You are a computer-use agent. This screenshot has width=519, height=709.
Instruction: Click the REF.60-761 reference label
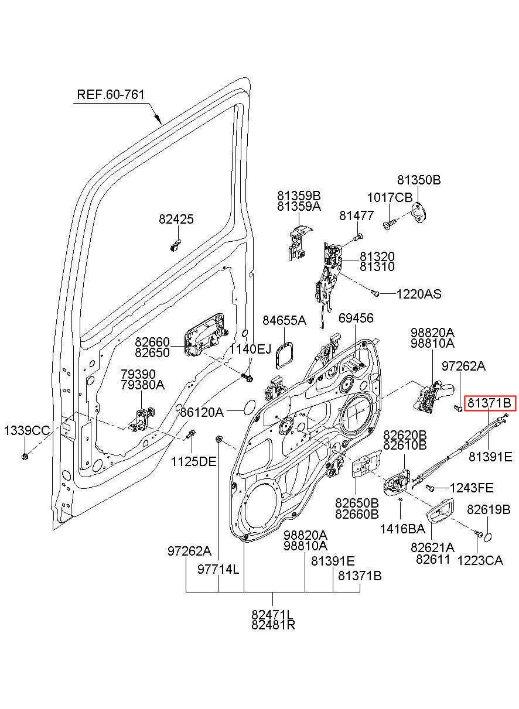click(x=111, y=94)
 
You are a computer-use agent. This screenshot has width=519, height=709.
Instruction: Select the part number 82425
click(x=176, y=219)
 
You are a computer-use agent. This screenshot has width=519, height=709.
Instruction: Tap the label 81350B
click(x=419, y=180)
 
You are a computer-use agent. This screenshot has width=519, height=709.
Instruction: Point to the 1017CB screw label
click(x=390, y=198)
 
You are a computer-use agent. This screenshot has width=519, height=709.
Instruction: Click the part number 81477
click(x=357, y=216)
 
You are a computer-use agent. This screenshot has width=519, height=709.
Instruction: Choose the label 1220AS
click(x=419, y=294)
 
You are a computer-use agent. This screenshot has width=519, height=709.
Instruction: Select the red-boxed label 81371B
click(x=490, y=403)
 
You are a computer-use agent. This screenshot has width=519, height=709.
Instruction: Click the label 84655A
click(x=284, y=321)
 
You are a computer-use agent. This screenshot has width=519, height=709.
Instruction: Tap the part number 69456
click(x=356, y=318)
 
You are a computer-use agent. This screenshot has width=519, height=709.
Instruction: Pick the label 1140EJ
click(x=250, y=350)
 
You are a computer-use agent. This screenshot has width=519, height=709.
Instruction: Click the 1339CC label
click(x=27, y=431)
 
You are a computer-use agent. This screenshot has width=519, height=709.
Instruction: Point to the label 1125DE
click(x=193, y=462)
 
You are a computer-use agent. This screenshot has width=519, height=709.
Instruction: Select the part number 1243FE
click(x=472, y=488)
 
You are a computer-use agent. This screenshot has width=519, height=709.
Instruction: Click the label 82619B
click(x=489, y=509)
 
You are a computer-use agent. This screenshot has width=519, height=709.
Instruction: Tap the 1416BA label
click(x=402, y=529)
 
